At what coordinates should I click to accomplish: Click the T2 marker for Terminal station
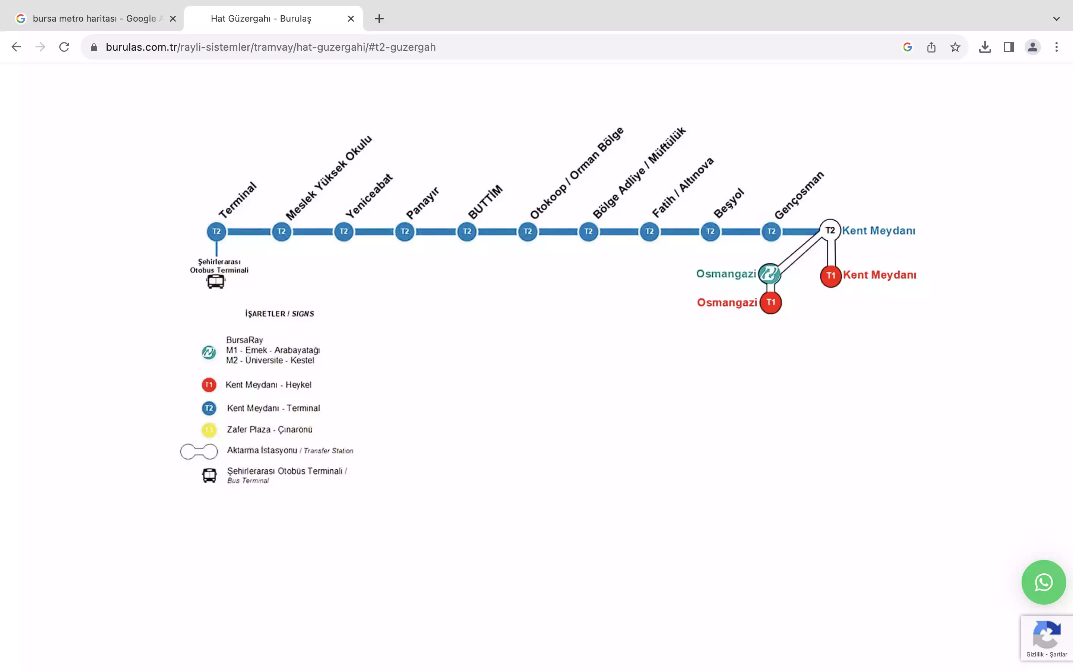pyautogui.click(x=216, y=231)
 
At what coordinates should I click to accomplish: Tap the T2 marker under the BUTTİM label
pyautogui.click(x=467, y=231)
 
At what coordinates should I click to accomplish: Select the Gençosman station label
pyautogui.click(x=799, y=195)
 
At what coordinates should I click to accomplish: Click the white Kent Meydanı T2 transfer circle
pyautogui.click(x=830, y=230)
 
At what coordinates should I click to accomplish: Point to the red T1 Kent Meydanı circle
pyautogui.click(x=831, y=276)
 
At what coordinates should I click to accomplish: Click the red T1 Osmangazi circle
pyautogui.click(x=770, y=303)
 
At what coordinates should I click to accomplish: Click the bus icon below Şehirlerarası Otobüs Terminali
pyautogui.click(x=215, y=282)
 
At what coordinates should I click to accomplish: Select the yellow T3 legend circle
pyautogui.click(x=209, y=429)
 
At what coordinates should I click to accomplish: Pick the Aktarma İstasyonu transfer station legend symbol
pyautogui.click(x=199, y=452)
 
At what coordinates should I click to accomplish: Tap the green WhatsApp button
pyautogui.click(x=1044, y=582)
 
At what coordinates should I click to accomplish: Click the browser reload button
pyautogui.click(x=64, y=47)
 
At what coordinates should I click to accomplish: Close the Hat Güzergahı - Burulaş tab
pyautogui.click(x=351, y=19)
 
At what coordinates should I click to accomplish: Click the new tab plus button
pyautogui.click(x=379, y=19)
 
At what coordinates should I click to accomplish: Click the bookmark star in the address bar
pyautogui.click(x=955, y=47)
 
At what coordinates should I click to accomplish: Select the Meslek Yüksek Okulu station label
pyautogui.click(x=329, y=177)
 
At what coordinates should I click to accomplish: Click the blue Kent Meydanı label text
pyautogui.click(x=879, y=231)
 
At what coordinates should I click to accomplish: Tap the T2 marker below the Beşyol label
pyautogui.click(x=710, y=231)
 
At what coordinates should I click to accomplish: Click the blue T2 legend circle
pyautogui.click(x=209, y=408)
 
